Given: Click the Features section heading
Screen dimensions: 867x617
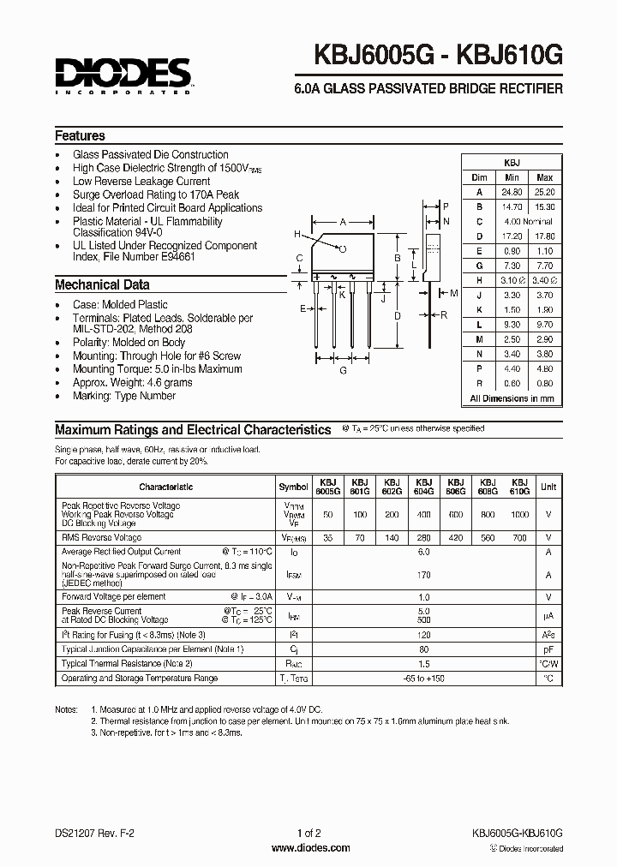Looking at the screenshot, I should [x=80, y=136].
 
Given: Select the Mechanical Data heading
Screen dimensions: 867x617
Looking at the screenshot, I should [x=102, y=285].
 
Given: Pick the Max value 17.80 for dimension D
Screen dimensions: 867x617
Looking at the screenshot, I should [x=544, y=236].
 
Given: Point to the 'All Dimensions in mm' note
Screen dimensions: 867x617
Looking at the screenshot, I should [x=512, y=399].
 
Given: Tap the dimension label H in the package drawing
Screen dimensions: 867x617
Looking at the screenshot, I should [x=297, y=235].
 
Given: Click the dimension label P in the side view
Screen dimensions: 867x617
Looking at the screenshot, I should [x=446, y=206].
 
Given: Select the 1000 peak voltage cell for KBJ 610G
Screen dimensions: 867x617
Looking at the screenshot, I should [x=520, y=515].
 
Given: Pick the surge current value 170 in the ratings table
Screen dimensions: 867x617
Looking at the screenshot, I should [x=423, y=576].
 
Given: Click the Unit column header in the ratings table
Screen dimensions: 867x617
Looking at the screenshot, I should [x=548, y=487].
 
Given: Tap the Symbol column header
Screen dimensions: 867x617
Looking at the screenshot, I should [x=294, y=487].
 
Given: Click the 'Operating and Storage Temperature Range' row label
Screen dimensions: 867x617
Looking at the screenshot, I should [x=139, y=679].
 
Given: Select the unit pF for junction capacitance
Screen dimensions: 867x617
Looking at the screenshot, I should [x=548, y=649].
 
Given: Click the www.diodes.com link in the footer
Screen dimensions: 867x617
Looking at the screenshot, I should [x=309, y=848].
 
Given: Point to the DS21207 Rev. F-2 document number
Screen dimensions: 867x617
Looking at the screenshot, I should [x=92, y=834].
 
